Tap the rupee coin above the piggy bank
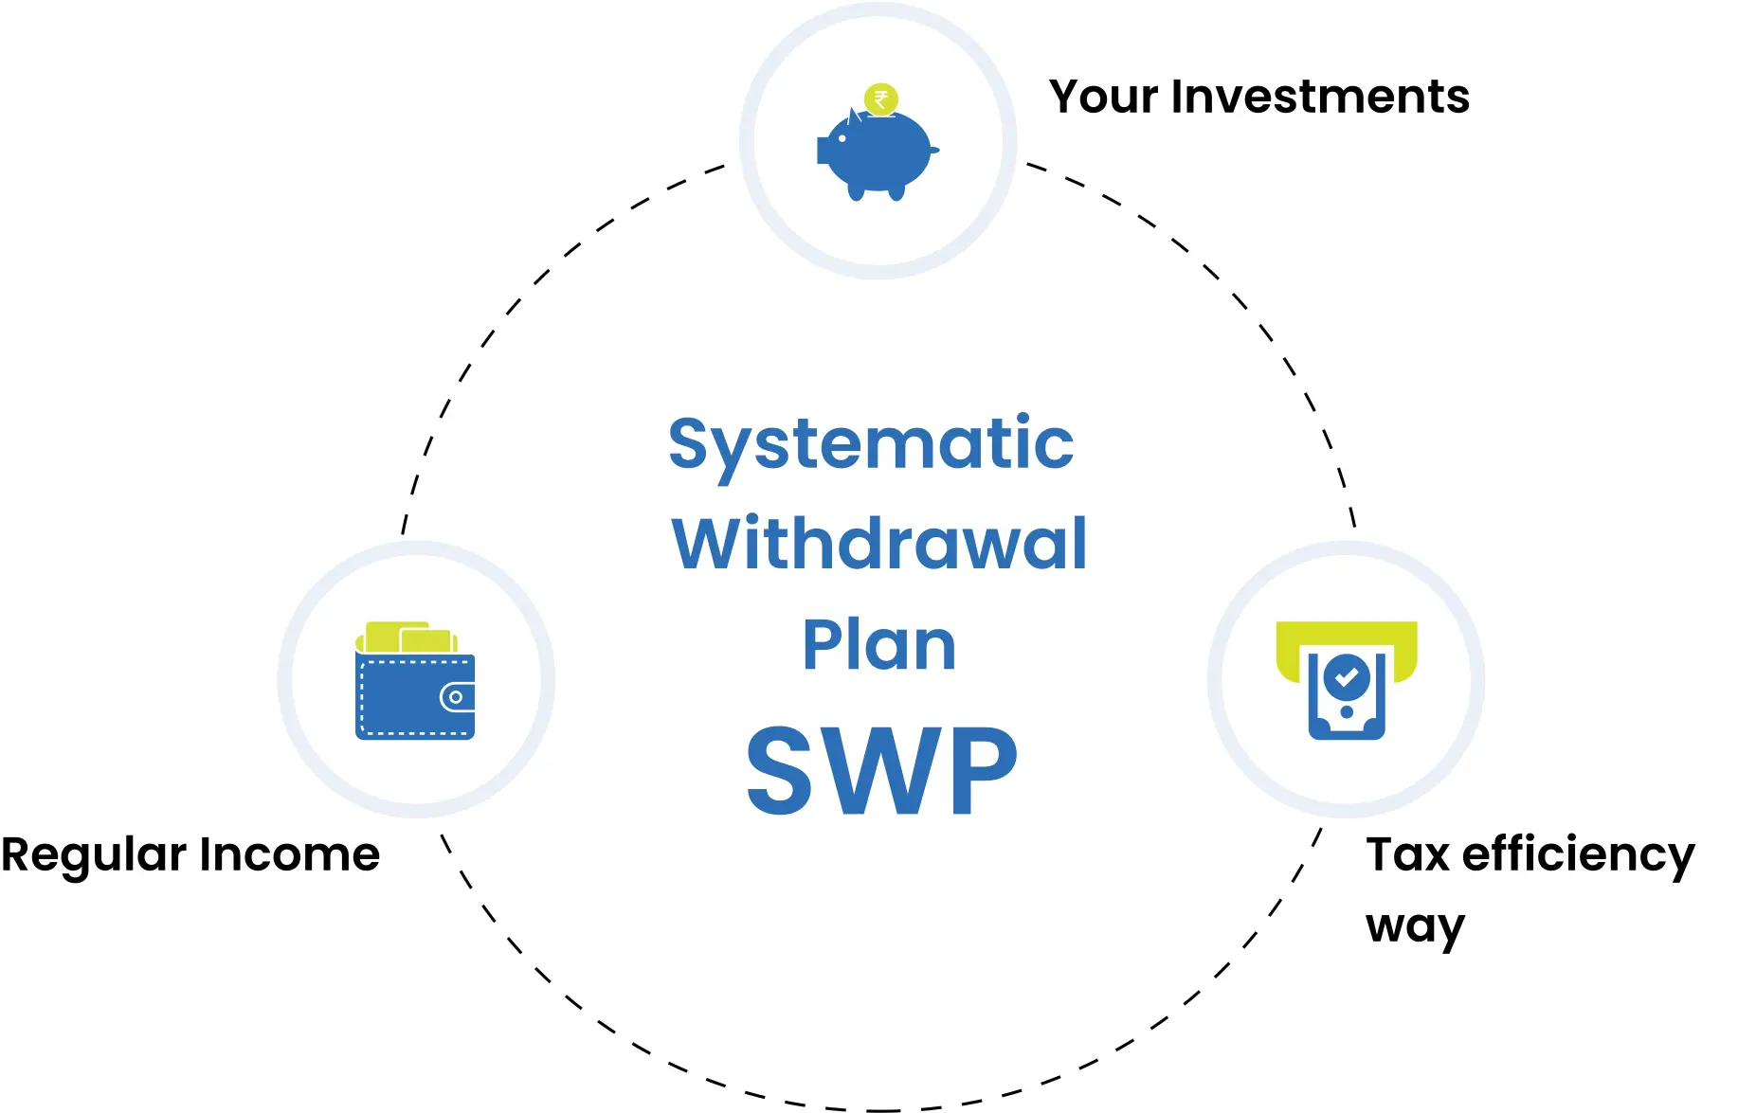coord(881,99)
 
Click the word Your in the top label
coord(1104,97)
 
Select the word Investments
coord(1320,97)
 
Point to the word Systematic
coord(871,445)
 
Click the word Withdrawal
coord(879,544)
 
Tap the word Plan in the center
coord(879,645)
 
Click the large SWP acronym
coord(881,770)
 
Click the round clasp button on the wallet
coord(457,697)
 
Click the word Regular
coord(94,856)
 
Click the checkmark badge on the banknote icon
coord(1347,677)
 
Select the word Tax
coord(1408,854)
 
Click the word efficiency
coord(1579,856)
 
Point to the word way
coord(1416,927)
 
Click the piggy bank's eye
coord(842,138)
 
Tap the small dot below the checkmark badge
coord(1347,712)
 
